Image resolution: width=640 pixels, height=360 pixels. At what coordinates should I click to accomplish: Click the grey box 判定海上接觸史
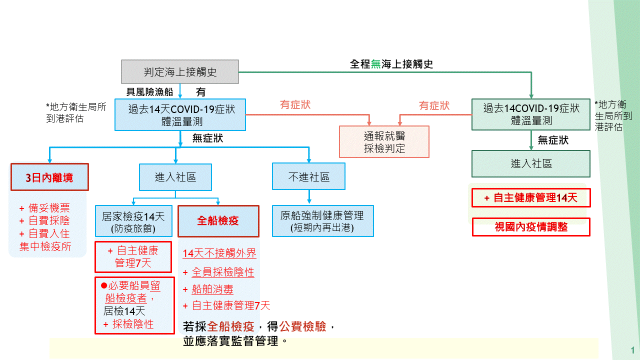(x=180, y=72)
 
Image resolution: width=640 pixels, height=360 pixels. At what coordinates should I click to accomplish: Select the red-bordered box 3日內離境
(x=49, y=177)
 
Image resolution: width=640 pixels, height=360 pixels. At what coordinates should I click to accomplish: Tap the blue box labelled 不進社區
(x=309, y=177)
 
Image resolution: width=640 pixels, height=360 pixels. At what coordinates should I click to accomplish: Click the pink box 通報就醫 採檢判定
(x=384, y=142)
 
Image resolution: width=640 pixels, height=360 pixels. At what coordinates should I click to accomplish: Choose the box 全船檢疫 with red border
(x=218, y=220)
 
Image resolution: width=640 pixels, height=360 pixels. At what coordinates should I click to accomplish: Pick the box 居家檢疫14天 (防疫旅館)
(x=133, y=221)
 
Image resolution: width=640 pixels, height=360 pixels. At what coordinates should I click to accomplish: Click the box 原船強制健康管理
(x=322, y=221)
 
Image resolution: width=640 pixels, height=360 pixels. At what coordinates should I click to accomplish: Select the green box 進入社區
(x=531, y=163)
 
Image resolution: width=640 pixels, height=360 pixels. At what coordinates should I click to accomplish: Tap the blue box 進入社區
(x=175, y=177)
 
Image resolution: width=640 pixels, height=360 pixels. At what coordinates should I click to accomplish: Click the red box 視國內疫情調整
(x=531, y=226)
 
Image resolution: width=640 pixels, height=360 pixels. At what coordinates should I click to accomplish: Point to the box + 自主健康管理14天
(x=531, y=197)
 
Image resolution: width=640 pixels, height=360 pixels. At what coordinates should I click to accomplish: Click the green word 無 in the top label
(x=375, y=64)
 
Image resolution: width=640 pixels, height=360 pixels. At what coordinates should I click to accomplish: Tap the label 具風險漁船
(x=149, y=91)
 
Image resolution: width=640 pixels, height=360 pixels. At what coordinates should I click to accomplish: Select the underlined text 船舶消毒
(x=212, y=289)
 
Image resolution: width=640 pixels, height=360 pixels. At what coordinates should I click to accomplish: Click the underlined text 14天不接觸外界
(x=219, y=253)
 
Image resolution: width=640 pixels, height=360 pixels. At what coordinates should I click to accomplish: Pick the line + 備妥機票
(x=44, y=208)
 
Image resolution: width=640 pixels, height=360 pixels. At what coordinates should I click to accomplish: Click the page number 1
(x=633, y=349)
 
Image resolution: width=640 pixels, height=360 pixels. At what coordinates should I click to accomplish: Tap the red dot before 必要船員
(x=104, y=285)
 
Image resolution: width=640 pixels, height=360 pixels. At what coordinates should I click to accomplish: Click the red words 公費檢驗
(x=302, y=326)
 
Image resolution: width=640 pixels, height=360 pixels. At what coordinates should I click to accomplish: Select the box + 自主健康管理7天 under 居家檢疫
(x=133, y=256)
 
